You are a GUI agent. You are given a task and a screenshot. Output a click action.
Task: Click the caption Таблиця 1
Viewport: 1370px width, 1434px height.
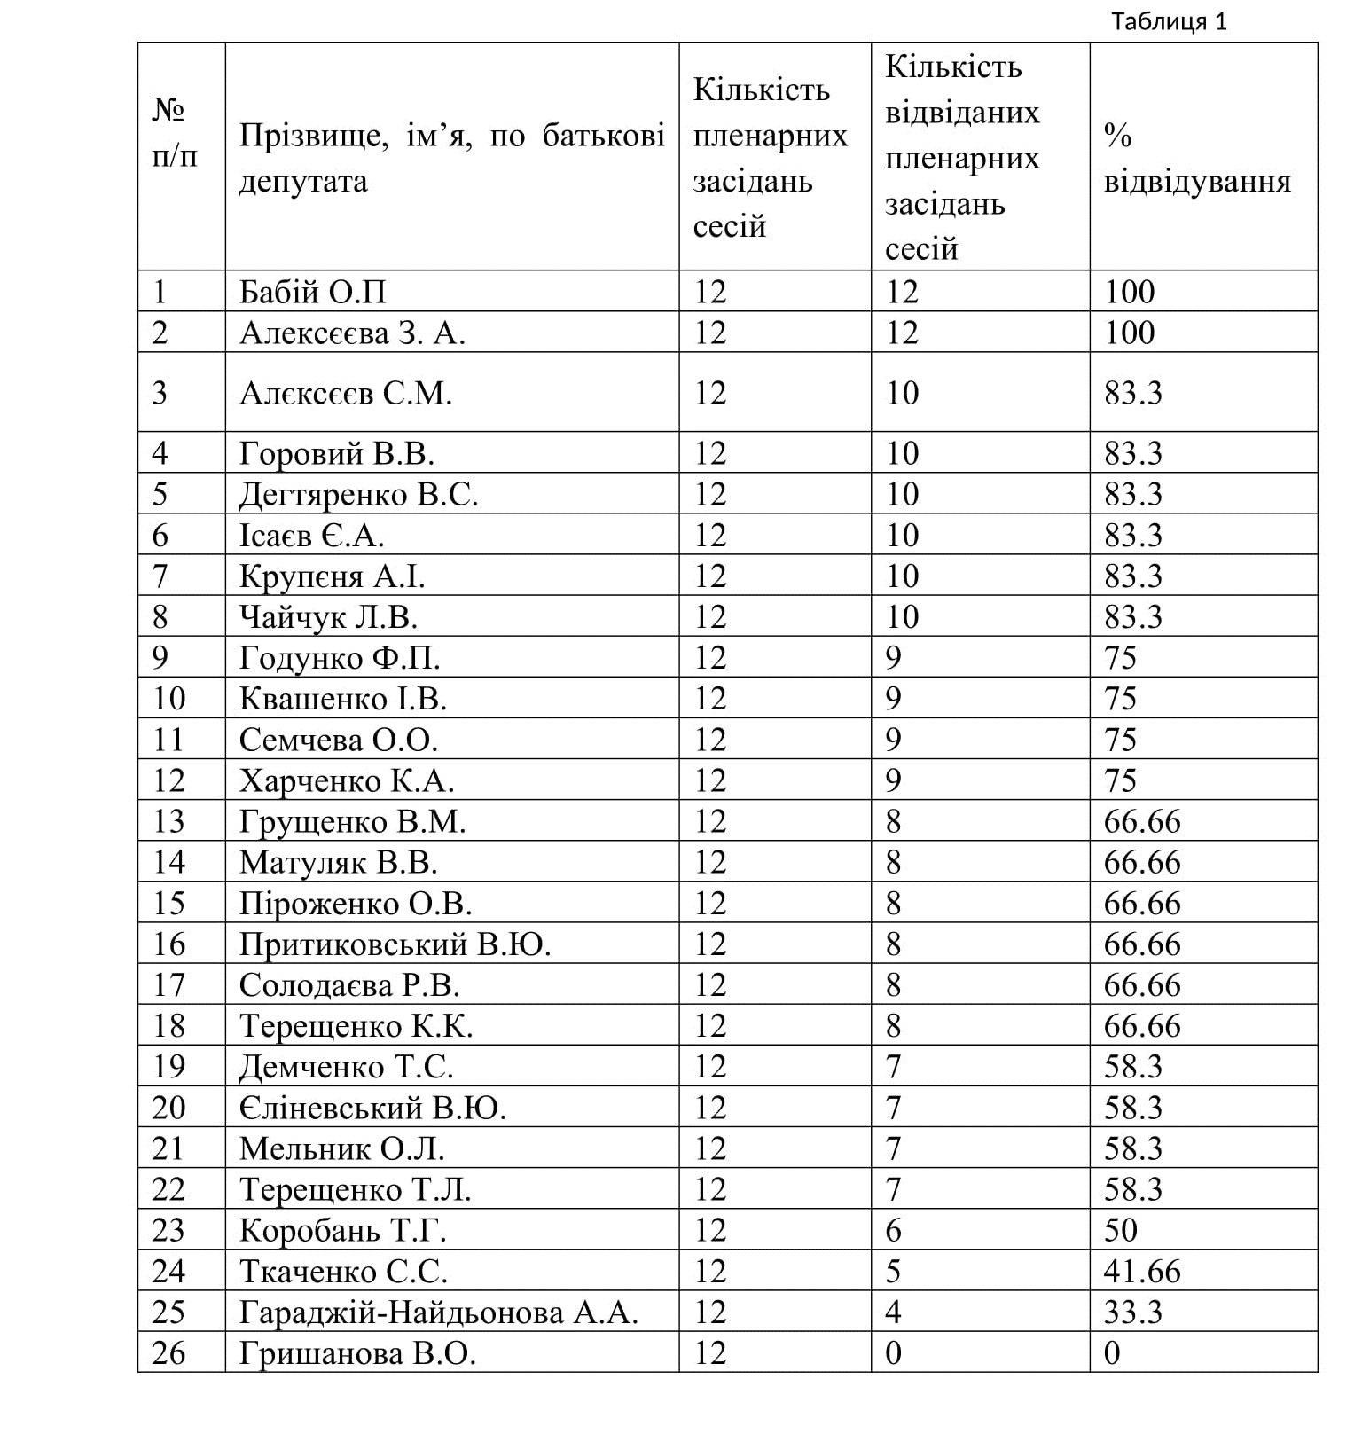(x=1169, y=21)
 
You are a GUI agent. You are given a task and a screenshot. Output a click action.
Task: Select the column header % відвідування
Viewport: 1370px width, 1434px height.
(x=1196, y=159)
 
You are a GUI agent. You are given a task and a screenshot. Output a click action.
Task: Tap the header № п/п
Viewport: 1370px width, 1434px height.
(x=174, y=134)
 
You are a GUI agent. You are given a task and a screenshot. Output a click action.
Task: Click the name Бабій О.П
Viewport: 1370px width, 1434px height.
(x=313, y=292)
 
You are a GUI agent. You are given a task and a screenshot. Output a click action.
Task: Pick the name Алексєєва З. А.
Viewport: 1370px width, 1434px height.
(x=352, y=333)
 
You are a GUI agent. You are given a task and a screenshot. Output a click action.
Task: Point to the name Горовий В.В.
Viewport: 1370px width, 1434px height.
(x=336, y=453)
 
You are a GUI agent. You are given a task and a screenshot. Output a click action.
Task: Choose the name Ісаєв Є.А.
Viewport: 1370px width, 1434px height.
(x=311, y=535)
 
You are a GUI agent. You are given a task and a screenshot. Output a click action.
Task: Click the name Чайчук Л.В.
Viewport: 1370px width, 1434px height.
(x=328, y=616)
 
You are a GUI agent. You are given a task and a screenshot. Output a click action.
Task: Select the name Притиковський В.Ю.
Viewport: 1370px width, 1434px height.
(x=395, y=944)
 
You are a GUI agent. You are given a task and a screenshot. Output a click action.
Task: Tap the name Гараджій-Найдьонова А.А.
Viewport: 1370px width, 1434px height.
(x=439, y=1312)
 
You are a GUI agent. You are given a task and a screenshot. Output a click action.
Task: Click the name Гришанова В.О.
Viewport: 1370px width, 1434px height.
(x=357, y=1352)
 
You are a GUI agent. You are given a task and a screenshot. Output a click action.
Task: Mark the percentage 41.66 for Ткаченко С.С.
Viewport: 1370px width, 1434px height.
(x=1142, y=1271)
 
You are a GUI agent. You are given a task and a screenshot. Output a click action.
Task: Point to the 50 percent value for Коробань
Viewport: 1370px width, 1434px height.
(x=1121, y=1230)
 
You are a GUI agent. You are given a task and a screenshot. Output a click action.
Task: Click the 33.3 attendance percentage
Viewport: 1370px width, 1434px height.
(x=1132, y=1312)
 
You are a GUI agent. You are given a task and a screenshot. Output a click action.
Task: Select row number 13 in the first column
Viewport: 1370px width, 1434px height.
(x=168, y=821)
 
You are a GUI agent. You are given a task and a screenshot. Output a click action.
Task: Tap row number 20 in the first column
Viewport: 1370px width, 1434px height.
(x=168, y=1108)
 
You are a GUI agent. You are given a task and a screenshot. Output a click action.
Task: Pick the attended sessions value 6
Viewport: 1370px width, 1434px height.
(x=893, y=1230)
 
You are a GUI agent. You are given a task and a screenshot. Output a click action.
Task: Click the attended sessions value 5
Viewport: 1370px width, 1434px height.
(x=893, y=1271)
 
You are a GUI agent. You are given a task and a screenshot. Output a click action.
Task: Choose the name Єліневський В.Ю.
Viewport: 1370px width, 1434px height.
(x=372, y=1108)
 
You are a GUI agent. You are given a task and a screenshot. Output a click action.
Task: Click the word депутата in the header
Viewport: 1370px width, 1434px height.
(x=303, y=182)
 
